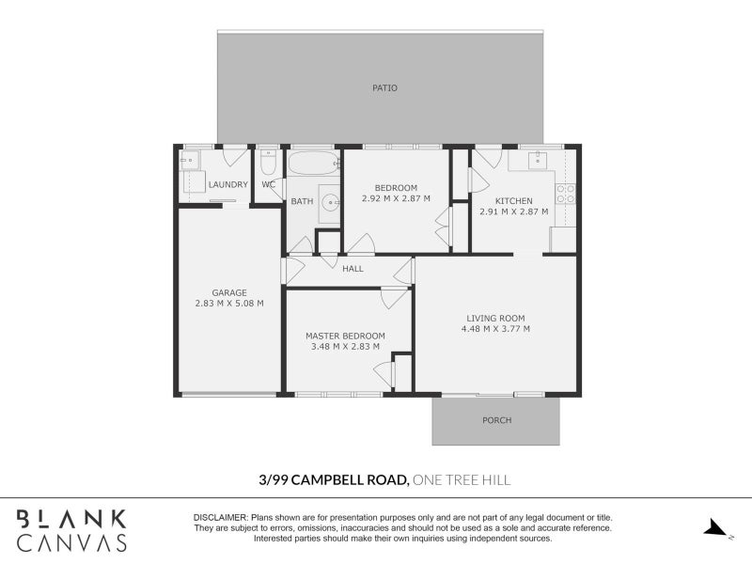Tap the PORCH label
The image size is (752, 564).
496,420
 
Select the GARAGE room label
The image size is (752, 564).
228,292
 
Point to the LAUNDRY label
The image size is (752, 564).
227,184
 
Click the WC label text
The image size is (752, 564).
268,184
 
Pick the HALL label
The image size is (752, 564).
352,269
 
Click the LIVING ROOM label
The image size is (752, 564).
495,318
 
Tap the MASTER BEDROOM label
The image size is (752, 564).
345,336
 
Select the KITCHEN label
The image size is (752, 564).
514,201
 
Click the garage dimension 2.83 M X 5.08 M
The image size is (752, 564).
228,304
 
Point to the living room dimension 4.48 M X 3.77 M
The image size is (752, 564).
495,329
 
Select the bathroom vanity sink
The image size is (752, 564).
330,201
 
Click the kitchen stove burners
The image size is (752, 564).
566,194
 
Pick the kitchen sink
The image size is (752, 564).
538,160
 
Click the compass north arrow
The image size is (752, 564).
717,528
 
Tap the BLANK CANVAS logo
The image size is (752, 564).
71,530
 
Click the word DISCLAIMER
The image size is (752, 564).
221,518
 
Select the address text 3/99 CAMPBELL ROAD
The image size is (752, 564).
333,479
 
